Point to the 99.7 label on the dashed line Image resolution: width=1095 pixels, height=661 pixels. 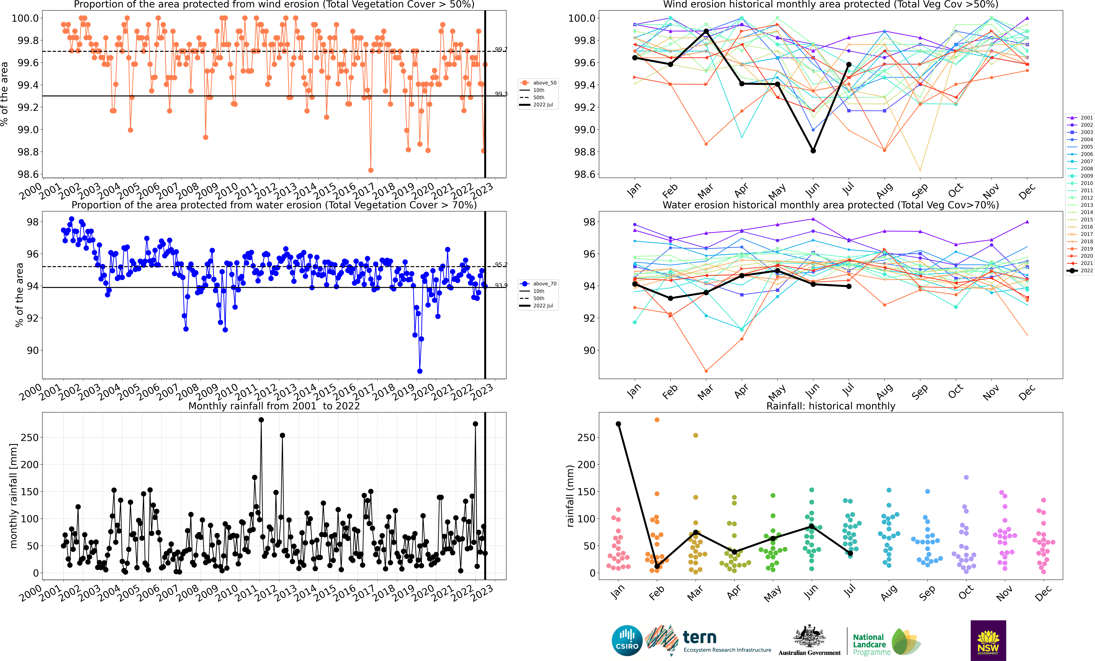(x=501, y=49)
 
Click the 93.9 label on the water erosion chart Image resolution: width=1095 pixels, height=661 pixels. (x=501, y=285)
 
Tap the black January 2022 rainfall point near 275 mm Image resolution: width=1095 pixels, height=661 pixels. (x=618, y=424)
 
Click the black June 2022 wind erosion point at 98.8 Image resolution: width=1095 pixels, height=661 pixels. (x=813, y=151)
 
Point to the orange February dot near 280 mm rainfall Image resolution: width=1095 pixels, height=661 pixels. (x=657, y=420)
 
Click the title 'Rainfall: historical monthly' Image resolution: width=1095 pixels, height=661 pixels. (x=831, y=406)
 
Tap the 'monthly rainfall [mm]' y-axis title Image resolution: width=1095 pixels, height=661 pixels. (x=13, y=496)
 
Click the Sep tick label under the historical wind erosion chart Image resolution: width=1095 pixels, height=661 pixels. (x=920, y=191)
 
